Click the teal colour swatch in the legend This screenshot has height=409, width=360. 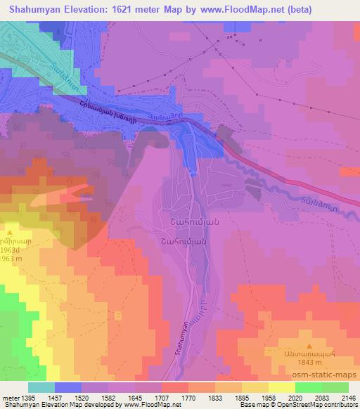[41, 387]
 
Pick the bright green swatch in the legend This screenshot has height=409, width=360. [307, 387]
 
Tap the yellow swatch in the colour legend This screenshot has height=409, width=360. [281, 387]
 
